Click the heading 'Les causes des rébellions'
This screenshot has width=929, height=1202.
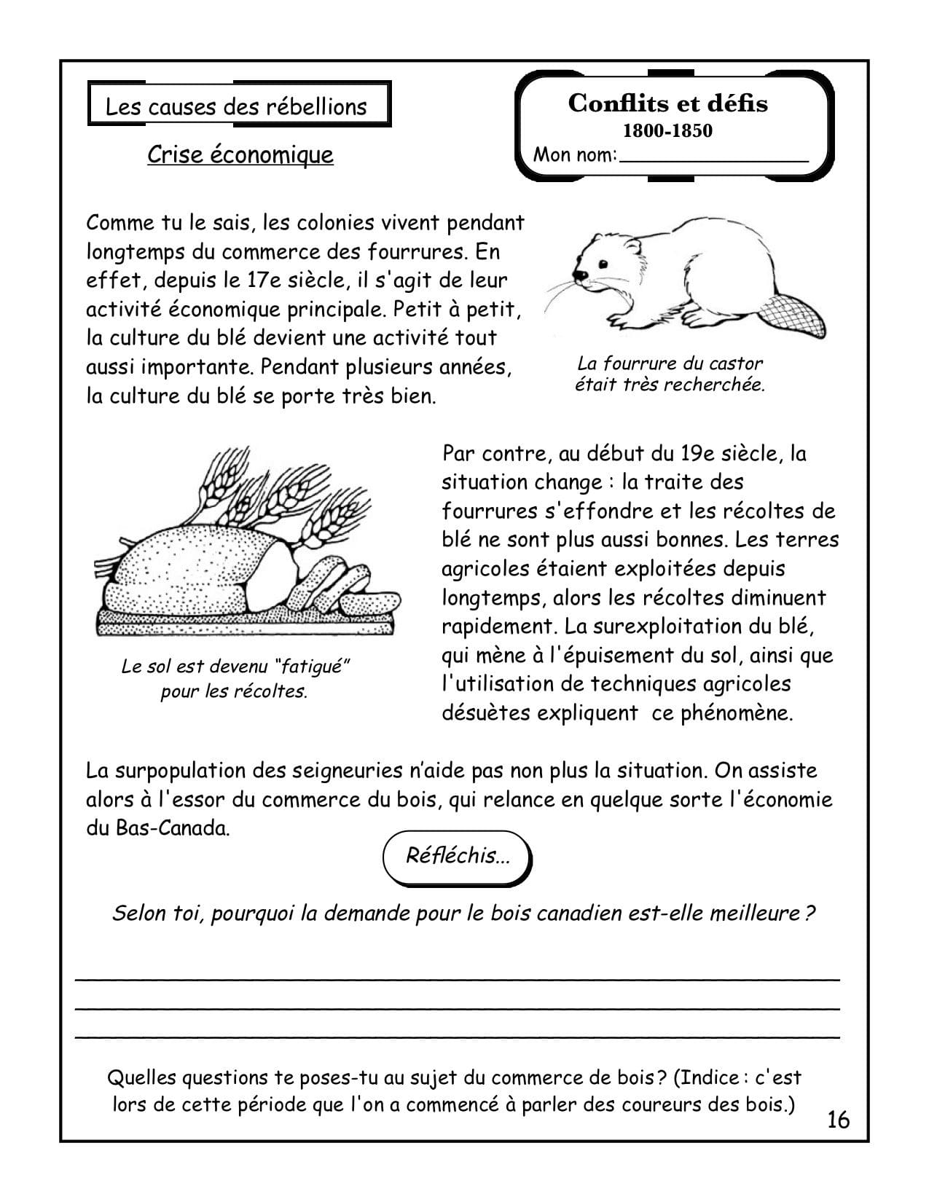[x=236, y=106]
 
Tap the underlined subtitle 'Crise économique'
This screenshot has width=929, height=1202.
[x=240, y=154]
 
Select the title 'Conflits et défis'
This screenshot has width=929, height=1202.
[x=667, y=103]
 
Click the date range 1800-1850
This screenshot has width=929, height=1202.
[x=667, y=131]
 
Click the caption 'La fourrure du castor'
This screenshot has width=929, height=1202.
[x=670, y=363]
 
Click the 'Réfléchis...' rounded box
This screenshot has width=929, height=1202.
[x=457, y=855]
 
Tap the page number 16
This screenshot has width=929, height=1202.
[x=839, y=1119]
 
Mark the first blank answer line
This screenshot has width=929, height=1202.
[x=457, y=978]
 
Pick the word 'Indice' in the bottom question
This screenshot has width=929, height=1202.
[x=706, y=1077]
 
